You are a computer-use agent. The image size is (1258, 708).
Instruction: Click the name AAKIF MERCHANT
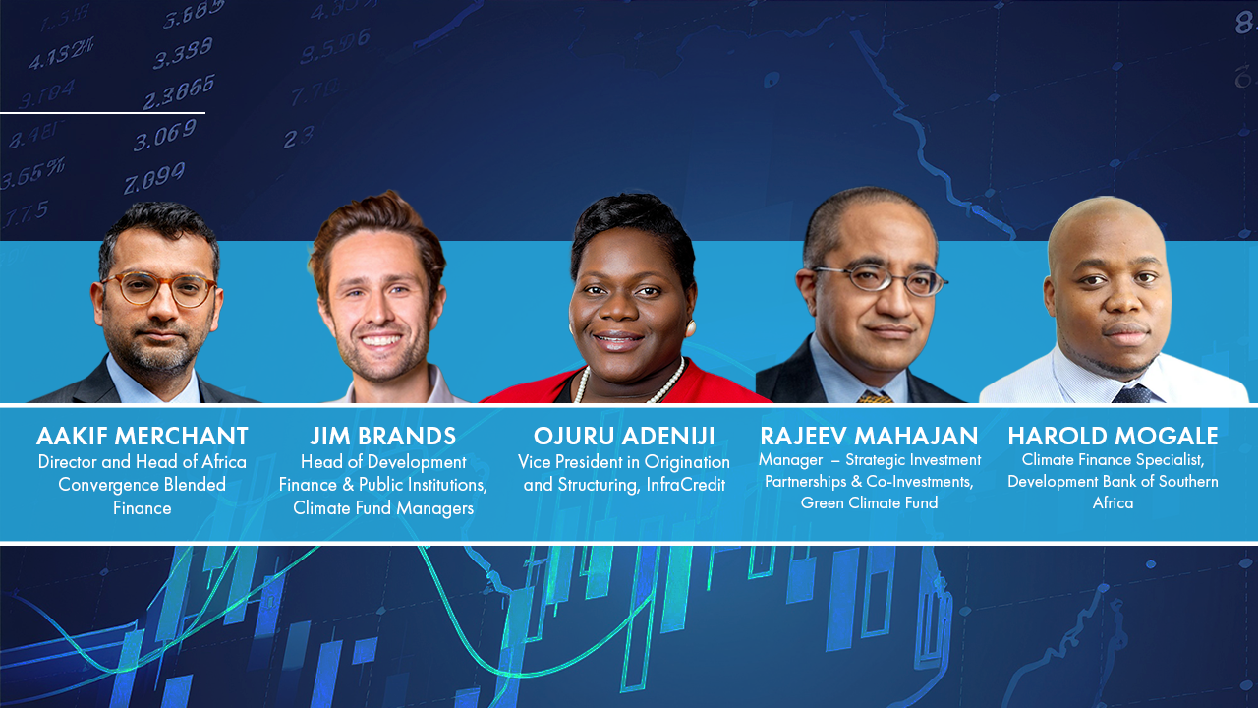coord(143,436)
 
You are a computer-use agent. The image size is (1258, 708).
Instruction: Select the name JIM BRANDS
coord(382,436)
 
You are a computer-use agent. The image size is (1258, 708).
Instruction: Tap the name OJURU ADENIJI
coord(624,436)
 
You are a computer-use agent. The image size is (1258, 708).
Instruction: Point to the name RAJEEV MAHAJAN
coord(869,436)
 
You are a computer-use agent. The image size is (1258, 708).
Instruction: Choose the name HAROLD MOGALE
coord(1113,436)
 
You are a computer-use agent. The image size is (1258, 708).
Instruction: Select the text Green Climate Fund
coord(869,503)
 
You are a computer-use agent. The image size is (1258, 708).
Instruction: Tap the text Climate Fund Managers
coord(382,508)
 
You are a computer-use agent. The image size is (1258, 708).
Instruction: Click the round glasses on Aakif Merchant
coord(158,289)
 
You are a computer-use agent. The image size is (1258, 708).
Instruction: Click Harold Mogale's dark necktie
coord(1132,393)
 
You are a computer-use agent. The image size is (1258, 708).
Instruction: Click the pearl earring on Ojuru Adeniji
coord(691,326)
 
